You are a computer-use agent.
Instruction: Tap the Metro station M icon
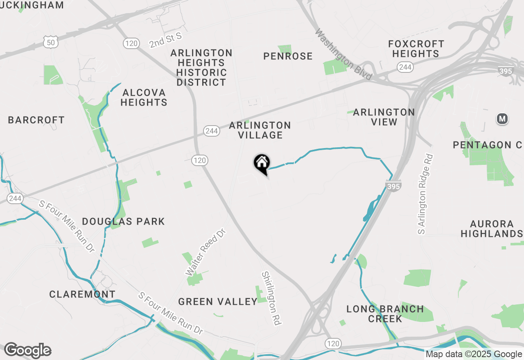[502, 119]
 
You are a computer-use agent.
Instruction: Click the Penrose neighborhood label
[288, 56]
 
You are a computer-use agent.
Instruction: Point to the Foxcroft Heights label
[416, 49]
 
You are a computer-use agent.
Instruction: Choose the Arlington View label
[384, 117]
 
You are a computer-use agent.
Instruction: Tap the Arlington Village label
[260, 130]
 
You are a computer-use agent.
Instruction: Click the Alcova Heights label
[144, 97]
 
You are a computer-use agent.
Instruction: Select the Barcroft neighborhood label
[36, 120]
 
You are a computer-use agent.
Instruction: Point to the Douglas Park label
[123, 221]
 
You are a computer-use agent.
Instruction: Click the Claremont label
[82, 294]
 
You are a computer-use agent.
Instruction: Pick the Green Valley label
[218, 302]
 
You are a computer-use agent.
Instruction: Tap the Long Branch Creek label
[385, 314]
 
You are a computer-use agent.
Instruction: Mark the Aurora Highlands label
[492, 229]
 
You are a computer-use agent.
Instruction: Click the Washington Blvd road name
[343, 54]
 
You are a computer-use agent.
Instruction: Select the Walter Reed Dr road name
[206, 252]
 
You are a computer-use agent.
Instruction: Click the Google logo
[27, 351]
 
